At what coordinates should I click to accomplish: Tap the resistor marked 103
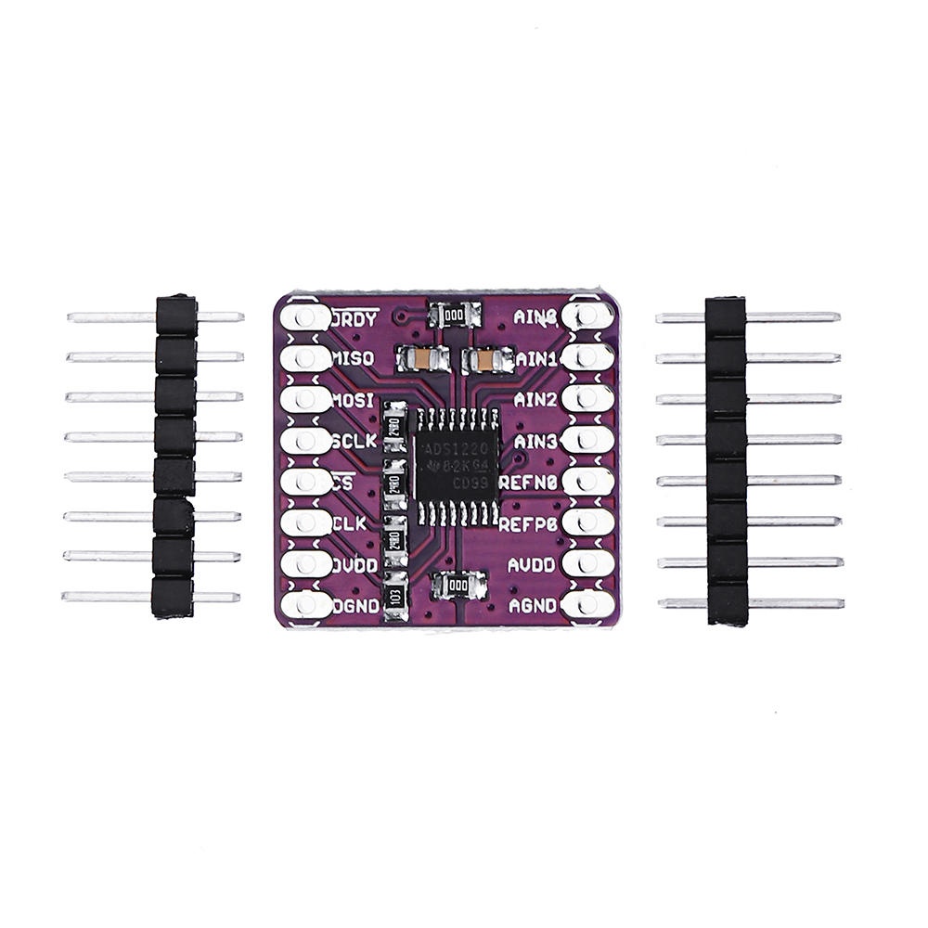click(395, 594)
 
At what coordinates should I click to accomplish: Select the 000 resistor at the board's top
click(454, 316)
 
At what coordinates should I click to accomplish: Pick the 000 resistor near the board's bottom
click(458, 586)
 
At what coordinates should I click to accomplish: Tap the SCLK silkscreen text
click(354, 442)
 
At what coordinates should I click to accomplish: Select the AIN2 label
click(535, 400)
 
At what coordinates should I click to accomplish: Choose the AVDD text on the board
click(532, 564)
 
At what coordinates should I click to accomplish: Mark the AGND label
click(532, 605)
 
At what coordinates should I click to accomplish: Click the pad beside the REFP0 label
click(588, 522)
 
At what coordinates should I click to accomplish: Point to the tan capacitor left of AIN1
click(486, 358)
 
